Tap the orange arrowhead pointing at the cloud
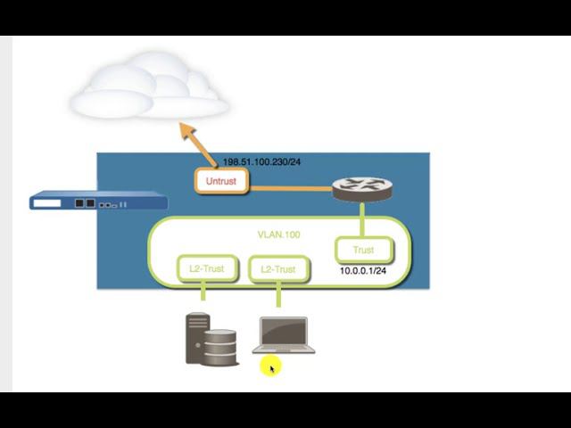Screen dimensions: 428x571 (x=186, y=130)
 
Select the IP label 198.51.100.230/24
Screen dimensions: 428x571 (x=261, y=162)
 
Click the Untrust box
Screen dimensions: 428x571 (x=220, y=181)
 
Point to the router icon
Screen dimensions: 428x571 (x=361, y=188)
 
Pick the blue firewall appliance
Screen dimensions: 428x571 (x=98, y=202)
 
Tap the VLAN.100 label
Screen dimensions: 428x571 (x=278, y=235)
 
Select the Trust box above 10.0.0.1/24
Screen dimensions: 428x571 (x=363, y=251)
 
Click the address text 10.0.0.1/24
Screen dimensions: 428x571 (x=362, y=270)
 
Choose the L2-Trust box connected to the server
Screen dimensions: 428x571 (x=206, y=268)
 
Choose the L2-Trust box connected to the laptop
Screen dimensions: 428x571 (x=277, y=269)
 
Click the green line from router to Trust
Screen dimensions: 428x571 (x=362, y=219)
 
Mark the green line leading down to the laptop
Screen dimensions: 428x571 (x=278, y=295)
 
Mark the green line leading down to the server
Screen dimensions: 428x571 (x=203, y=292)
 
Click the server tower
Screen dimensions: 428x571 (x=196, y=337)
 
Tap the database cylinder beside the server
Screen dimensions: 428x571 (x=220, y=347)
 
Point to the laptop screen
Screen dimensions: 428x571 (x=284, y=333)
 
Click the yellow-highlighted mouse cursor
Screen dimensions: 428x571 (x=271, y=366)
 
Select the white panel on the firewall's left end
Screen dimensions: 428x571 (x=47, y=203)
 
